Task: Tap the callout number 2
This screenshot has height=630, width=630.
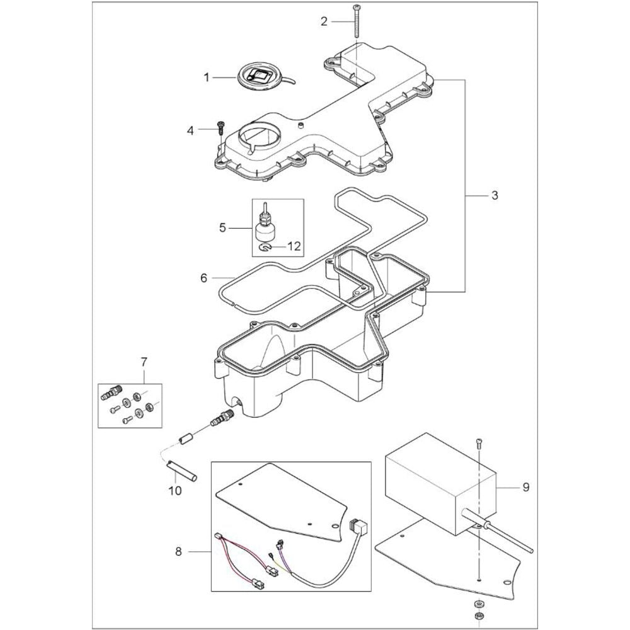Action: [324, 21]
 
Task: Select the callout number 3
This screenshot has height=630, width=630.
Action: [495, 196]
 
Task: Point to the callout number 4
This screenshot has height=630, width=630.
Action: [190, 130]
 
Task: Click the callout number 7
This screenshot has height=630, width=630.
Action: [144, 362]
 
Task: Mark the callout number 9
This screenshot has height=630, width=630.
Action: [526, 487]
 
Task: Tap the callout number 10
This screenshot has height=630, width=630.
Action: [176, 490]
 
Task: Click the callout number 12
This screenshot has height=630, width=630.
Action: [294, 247]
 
